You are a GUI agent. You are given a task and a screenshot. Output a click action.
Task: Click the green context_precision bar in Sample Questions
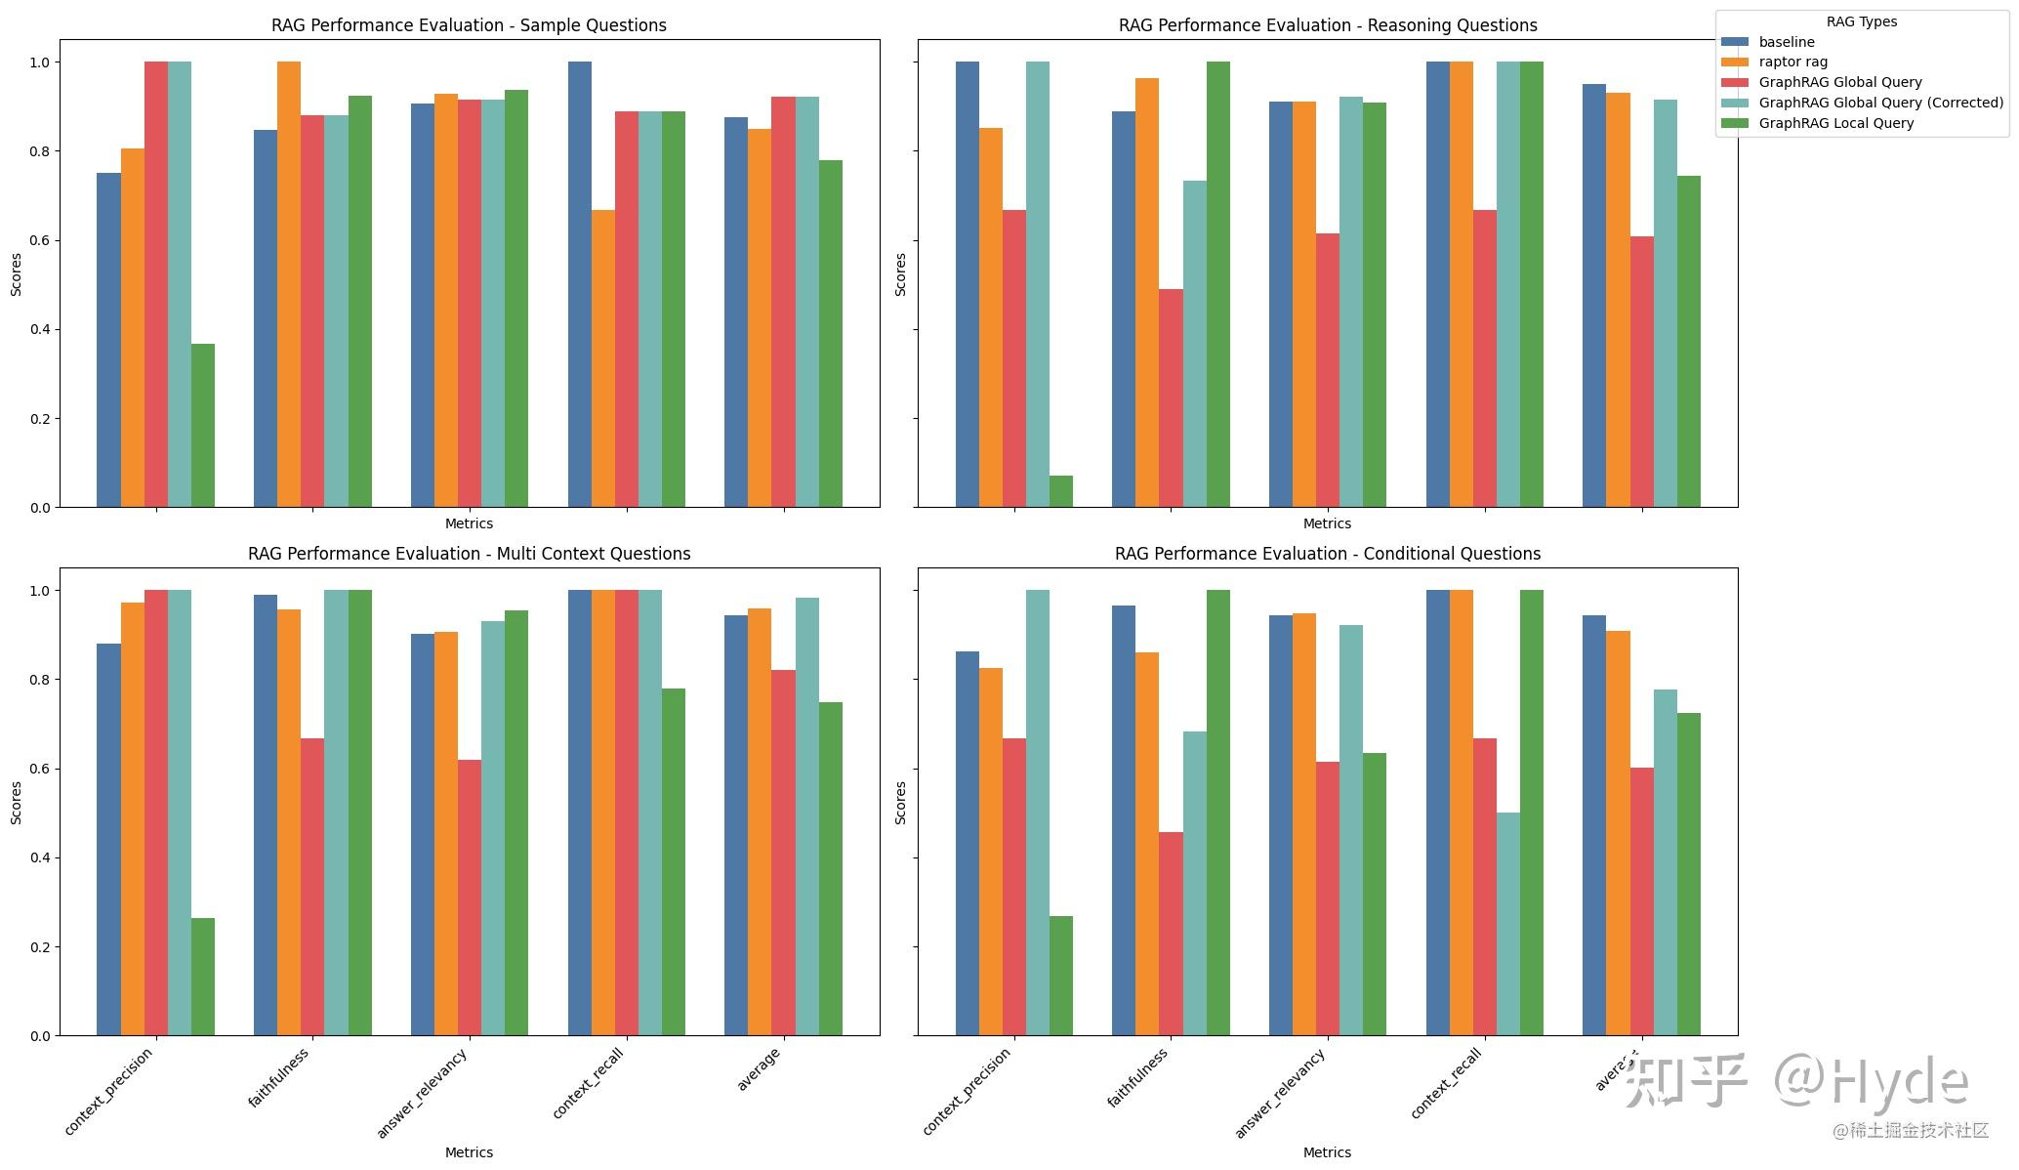click(x=203, y=426)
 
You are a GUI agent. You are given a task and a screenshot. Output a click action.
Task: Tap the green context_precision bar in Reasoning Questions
click(x=1060, y=491)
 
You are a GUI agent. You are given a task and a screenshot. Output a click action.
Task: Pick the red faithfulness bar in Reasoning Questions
click(x=1171, y=398)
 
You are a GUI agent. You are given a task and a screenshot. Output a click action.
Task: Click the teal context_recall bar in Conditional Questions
click(x=1507, y=924)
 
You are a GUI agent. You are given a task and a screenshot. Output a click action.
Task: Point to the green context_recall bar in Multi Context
click(x=673, y=862)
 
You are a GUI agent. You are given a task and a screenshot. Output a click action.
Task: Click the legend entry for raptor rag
click(x=1792, y=62)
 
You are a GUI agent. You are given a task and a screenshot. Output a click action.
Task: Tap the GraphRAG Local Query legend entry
click(x=1835, y=123)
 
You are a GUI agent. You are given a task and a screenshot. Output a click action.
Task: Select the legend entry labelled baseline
click(x=1786, y=42)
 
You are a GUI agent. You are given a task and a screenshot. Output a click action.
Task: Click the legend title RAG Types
click(x=1861, y=21)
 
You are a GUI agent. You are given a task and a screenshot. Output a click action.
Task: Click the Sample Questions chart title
click(x=469, y=25)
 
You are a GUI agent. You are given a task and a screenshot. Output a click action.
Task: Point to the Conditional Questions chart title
click(x=1327, y=554)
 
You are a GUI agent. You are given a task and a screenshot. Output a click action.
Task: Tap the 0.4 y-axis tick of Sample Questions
click(x=39, y=330)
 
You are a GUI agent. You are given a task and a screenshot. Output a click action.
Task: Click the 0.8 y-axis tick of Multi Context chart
click(x=39, y=680)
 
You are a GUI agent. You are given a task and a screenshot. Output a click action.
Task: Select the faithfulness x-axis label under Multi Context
click(x=278, y=1078)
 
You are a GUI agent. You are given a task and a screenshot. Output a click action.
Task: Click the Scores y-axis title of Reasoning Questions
click(x=900, y=274)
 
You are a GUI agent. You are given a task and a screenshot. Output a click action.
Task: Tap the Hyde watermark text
click(x=1899, y=1081)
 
